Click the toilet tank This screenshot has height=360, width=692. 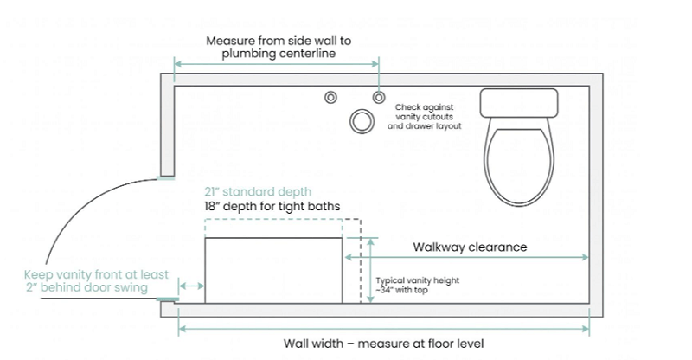click(517, 103)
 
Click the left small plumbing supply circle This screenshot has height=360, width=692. click(330, 97)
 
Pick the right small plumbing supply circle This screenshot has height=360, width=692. click(378, 97)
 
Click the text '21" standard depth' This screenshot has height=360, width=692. click(257, 191)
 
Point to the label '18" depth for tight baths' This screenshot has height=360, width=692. click(272, 207)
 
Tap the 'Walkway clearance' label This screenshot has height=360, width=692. click(469, 247)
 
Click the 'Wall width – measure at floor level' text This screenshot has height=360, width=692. click(384, 342)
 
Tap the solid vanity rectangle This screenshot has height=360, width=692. click(273, 269)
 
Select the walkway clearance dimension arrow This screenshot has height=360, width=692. click(467, 257)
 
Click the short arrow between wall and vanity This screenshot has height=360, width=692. click(191, 286)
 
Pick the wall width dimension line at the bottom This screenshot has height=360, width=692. click(384, 327)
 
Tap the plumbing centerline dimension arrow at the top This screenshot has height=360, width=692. click(277, 64)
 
